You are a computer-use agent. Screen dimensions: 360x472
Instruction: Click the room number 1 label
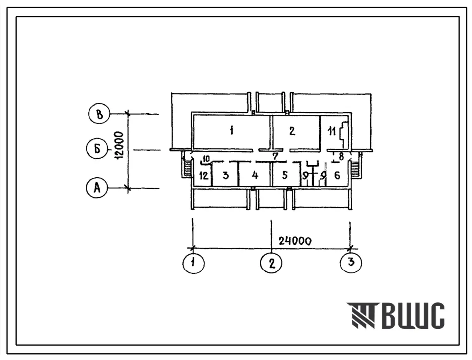(232, 131)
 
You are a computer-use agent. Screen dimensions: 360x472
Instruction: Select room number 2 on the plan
(292, 131)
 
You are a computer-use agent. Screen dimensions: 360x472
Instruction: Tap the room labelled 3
(225, 176)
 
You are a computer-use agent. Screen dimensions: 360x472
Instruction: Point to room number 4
(255, 176)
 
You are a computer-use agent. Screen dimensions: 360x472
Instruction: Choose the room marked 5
(285, 176)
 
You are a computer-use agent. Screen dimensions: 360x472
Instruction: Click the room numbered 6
(337, 176)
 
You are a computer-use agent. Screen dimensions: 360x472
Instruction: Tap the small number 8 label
(341, 157)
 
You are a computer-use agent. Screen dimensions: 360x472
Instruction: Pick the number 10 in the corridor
(206, 158)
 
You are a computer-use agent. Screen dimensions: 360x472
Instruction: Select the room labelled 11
(332, 133)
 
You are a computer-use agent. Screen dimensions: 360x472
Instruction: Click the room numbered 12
(203, 176)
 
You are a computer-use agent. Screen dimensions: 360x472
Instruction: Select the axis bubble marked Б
(97, 150)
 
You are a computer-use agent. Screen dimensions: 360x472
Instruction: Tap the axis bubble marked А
(97, 188)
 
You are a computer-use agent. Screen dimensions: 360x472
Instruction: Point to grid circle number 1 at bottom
(194, 263)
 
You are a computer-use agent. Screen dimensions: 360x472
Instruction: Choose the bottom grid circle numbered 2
(271, 263)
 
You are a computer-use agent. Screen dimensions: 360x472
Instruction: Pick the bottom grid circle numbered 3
(351, 263)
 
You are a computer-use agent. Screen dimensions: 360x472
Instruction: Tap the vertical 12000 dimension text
(118, 147)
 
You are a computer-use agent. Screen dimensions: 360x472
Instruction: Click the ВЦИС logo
(396, 316)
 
